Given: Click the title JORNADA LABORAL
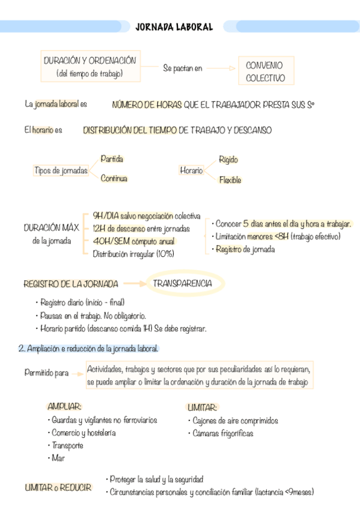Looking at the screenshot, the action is [174, 27].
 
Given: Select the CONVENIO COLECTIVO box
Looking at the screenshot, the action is [266, 72].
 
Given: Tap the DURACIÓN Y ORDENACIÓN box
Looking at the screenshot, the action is [90, 67].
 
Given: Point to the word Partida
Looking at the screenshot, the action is [112, 159].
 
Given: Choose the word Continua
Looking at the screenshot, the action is [114, 178].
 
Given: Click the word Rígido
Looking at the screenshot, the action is [228, 160].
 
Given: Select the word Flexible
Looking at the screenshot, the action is [230, 180].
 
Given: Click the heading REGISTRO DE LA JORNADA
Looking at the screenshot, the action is [70, 283].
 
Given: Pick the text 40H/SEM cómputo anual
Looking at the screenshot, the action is [133, 241].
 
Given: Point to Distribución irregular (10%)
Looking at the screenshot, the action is [133, 254].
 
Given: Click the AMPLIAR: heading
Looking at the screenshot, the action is [64, 407].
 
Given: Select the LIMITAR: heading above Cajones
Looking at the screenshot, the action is [202, 407].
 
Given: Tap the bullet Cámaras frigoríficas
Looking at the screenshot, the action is [222, 433].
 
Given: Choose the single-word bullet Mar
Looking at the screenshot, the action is [58, 458].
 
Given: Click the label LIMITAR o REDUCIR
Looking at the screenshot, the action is [58, 488].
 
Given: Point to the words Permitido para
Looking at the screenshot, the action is [46, 373].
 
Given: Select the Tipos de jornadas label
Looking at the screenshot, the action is [61, 171].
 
